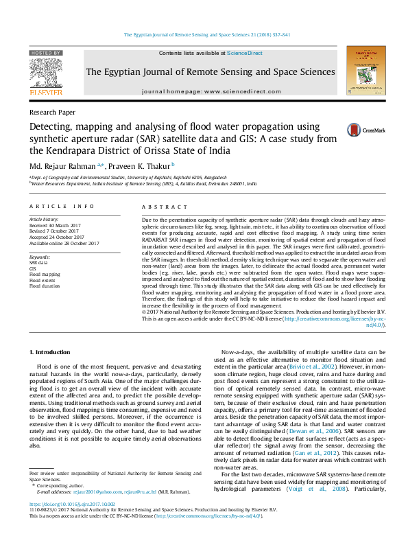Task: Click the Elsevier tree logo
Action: (x=45, y=76)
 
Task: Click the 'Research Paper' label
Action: (x=52, y=112)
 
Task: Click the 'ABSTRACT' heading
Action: (x=158, y=206)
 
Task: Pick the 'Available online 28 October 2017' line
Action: (x=64, y=244)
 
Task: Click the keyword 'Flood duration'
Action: (x=45, y=286)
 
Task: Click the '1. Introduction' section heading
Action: (x=50, y=352)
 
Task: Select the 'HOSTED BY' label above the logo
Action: (x=45, y=53)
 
